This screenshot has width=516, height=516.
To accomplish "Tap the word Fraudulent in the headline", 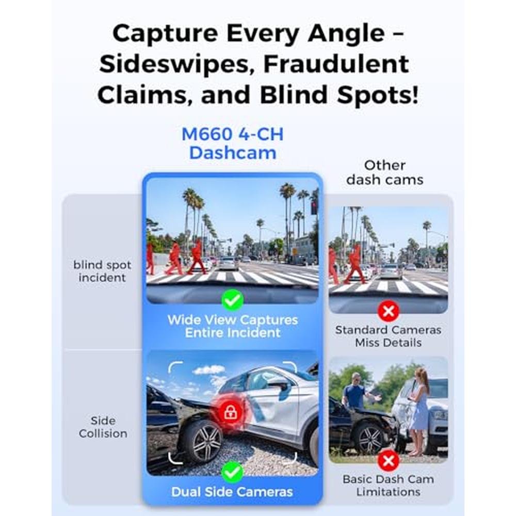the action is [x=336, y=64].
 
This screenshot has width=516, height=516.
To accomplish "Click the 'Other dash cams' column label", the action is [x=385, y=172].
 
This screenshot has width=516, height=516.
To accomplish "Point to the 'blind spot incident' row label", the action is [x=102, y=271].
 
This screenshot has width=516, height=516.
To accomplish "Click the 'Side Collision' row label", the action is [x=103, y=427].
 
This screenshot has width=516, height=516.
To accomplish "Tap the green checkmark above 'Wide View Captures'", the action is [x=233, y=300].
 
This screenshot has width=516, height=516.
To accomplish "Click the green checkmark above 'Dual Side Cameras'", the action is [x=232, y=472].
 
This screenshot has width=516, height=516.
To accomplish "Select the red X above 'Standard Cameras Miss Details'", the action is [x=389, y=311].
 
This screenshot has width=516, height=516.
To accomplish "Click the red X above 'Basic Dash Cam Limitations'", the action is [x=389, y=460].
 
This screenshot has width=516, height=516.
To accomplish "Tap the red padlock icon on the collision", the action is [x=230, y=412].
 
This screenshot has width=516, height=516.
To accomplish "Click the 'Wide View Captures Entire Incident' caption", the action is [x=233, y=326].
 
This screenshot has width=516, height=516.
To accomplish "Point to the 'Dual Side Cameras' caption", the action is [x=232, y=492].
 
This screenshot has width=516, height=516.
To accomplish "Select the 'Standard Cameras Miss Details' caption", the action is [x=389, y=336].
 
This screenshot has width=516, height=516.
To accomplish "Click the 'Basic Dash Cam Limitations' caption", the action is [x=389, y=486].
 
